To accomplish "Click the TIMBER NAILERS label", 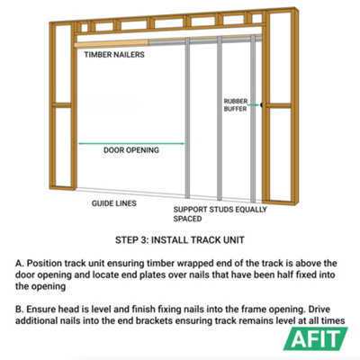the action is pyautogui.click(x=114, y=55).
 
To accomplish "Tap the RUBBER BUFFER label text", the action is pyautogui.click(x=236, y=105).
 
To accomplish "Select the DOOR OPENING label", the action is pyautogui.click(x=131, y=150).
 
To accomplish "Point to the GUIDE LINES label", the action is pyautogui.click(x=114, y=203).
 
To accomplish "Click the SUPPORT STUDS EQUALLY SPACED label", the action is pyautogui.click(x=220, y=214).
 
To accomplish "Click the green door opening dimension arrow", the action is pyautogui.click(x=131, y=144).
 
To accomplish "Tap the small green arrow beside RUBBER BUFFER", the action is pyautogui.click(x=254, y=105).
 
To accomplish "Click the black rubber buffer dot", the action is pyautogui.click(x=262, y=105).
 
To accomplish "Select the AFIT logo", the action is pyautogui.click(x=316, y=338).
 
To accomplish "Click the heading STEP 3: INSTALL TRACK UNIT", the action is pyautogui.click(x=180, y=240).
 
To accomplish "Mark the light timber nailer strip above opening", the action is pyautogui.click(x=112, y=44).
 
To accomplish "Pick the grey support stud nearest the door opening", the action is pyautogui.click(x=187, y=118).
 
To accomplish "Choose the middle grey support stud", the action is pyautogui.click(x=220, y=119).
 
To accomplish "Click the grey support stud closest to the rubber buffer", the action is pyautogui.click(x=253, y=119).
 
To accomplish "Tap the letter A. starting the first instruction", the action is pyautogui.click(x=20, y=264).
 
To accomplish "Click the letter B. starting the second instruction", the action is pyautogui.click(x=20, y=310).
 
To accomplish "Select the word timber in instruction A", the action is pyautogui.click(x=160, y=264).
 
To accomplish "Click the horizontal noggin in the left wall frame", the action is pyautogui.click(x=62, y=105).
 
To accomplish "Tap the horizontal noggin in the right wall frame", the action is pyautogui.click(x=279, y=105).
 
